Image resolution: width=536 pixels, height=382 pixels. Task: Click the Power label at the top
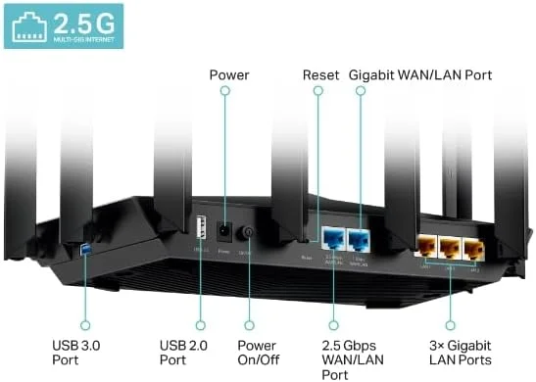coord(229,74)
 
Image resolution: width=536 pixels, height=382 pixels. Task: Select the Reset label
coord(320,74)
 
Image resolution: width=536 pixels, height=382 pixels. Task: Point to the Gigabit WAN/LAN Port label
coord(420,74)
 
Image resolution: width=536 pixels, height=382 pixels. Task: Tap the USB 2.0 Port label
coord(186,353)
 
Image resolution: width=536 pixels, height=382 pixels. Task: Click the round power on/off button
coord(247,234)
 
